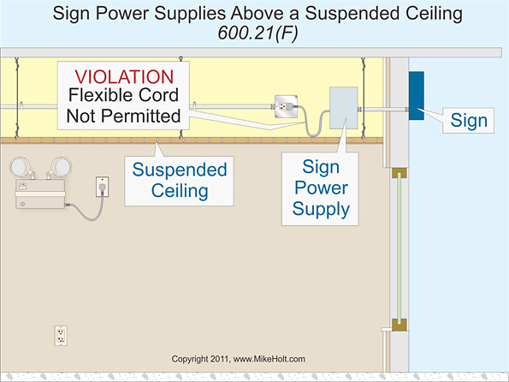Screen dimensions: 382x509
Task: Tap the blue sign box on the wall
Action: coord(417,95)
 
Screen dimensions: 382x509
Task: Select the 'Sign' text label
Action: coord(469,120)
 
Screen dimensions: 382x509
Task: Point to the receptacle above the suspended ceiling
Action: coord(284,107)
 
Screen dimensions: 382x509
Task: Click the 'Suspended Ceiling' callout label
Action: coord(179,180)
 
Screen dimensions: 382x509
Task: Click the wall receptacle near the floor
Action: coord(61,335)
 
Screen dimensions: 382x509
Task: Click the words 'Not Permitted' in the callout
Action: coord(120,115)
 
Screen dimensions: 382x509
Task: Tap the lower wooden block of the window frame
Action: coord(397,325)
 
